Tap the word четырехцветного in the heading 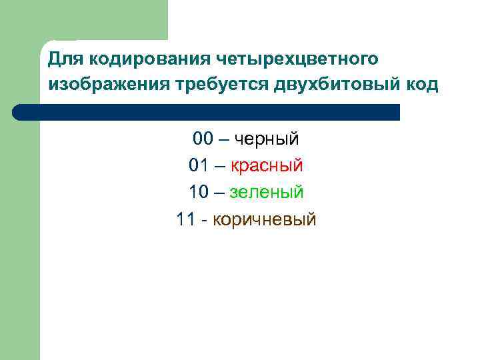pos(297,59)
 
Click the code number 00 pos(203,139)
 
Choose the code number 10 pos(199,192)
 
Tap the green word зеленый pos(267,192)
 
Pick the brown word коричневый pos(265,219)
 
